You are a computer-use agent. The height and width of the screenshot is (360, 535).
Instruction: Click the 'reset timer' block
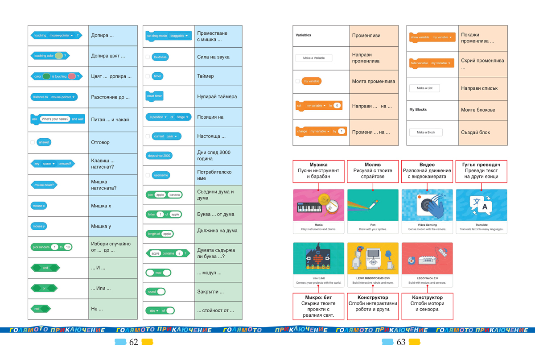[155, 96]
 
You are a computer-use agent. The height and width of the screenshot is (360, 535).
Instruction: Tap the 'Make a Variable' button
[313, 58]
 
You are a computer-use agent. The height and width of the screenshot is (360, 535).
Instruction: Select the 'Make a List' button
[424, 88]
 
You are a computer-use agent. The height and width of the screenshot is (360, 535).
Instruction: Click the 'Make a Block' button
[425, 132]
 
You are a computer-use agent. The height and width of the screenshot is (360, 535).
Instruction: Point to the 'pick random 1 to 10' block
[51, 247]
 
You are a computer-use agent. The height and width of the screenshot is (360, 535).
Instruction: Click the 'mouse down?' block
[44, 185]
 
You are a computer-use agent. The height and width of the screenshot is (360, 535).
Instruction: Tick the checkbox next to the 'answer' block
[33, 142]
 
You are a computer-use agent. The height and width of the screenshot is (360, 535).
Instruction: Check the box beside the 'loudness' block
[148, 57]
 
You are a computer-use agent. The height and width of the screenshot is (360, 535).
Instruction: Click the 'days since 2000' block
[159, 156]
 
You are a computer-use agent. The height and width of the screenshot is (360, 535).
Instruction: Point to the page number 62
[134, 342]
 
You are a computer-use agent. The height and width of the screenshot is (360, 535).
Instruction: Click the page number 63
[401, 342]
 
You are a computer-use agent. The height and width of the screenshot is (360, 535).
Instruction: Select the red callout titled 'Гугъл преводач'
[481, 171]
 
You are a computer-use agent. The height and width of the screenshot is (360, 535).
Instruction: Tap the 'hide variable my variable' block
[431, 63]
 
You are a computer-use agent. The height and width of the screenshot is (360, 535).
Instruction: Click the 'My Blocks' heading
[418, 110]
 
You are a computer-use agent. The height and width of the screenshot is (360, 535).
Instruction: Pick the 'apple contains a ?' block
[168, 253]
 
